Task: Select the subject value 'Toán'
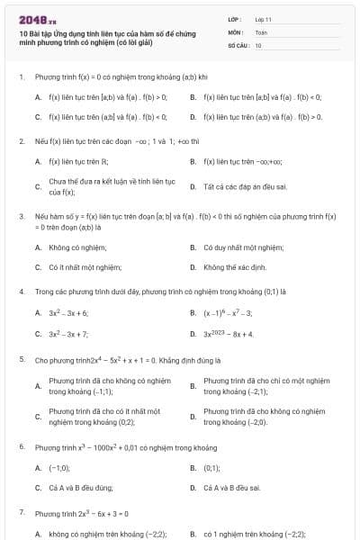(x=261, y=31)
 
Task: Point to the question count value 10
(x=258, y=44)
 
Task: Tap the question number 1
(x=21, y=77)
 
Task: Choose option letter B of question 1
(x=193, y=95)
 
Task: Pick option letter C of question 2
(x=38, y=187)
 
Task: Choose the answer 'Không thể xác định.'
(x=234, y=267)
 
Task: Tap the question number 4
(x=21, y=292)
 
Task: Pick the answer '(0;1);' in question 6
(x=212, y=468)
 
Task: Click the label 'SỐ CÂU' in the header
(x=238, y=44)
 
